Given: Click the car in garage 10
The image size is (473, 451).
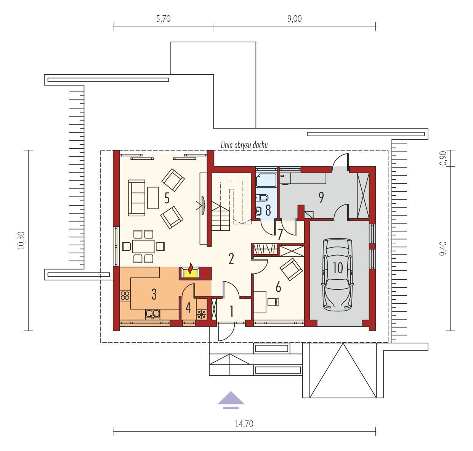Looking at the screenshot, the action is [338, 274].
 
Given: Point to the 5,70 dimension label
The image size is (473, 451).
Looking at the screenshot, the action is [164, 19].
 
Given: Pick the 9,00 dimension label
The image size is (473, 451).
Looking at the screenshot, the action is [295, 19].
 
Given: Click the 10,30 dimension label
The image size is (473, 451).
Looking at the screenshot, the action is [21, 240].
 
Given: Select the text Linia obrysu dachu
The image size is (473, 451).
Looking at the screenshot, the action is [244, 145].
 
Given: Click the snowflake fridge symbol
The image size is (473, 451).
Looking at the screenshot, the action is [201, 315].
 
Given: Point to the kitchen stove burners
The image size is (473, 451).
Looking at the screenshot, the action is [125, 296].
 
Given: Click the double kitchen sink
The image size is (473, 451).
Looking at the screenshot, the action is [152, 314].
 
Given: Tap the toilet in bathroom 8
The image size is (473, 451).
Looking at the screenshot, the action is [262, 198].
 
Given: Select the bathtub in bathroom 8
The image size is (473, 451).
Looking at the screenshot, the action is [266, 180].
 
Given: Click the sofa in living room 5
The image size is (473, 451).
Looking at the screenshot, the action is [137, 198].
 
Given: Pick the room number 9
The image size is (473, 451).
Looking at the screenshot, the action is [321, 198].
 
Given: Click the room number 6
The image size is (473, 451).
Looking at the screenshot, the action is [278, 287].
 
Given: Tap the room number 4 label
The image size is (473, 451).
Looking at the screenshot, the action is [188, 308].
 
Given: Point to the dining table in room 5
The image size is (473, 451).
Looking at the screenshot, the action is [143, 246].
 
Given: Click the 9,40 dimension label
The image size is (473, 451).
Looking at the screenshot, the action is [443, 249].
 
